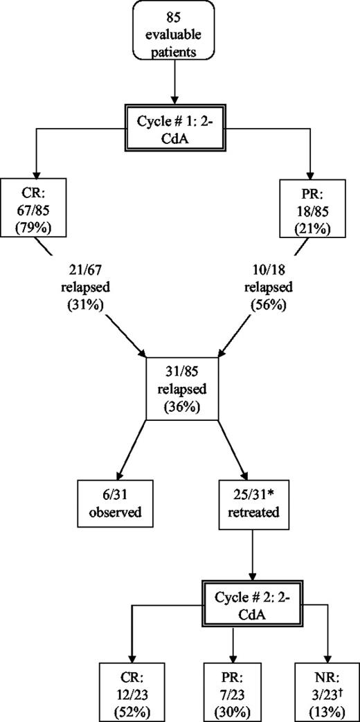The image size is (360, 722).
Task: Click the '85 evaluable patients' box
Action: [x=181, y=35]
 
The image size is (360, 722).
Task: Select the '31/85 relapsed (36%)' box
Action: [x=181, y=388]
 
